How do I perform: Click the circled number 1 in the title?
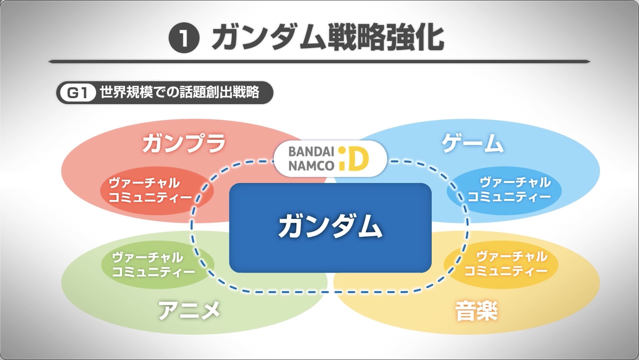click(184, 38)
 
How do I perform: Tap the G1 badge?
click(77, 93)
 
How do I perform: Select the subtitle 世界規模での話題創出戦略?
click(179, 92)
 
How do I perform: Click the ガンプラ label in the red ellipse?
click(184, 144)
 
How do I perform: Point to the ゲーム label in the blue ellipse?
click(473, 144)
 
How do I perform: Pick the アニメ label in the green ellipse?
click(189, 310)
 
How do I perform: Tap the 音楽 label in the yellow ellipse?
click(476, 311)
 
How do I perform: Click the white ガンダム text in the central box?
click(330, 226)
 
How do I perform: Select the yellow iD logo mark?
click(354, 158)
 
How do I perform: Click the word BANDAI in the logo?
click(311, 152)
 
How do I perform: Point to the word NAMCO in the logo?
click(311, 166)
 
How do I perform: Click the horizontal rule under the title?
click(319, 61)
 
